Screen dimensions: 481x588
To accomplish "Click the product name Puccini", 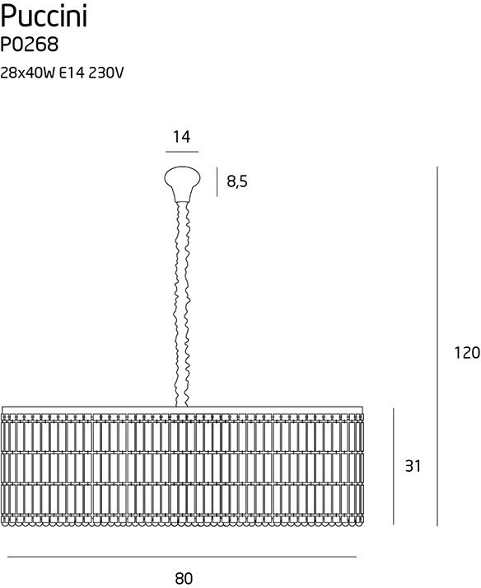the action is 44,17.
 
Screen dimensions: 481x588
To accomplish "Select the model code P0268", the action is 30,45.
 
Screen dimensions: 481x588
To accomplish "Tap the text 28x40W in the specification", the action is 28,73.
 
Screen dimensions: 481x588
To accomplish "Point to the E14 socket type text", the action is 72,73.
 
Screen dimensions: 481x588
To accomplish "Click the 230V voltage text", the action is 106,73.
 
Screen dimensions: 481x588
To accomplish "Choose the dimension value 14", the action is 182,137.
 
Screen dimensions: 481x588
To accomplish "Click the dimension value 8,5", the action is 237,181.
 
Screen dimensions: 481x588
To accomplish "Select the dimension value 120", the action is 467,353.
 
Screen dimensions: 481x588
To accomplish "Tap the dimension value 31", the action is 413,466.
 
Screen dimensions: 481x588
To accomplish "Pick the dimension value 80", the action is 184,578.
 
